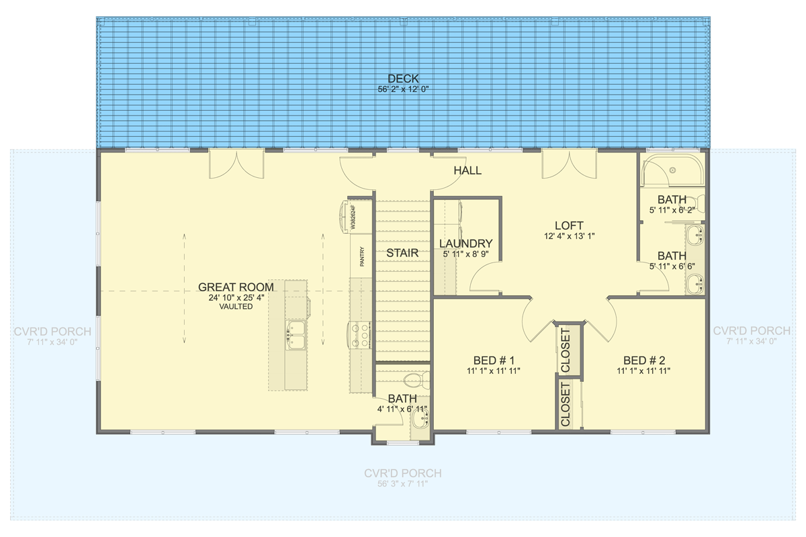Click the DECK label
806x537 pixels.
pos(403,79)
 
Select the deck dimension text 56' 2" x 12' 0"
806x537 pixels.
pos(403,89)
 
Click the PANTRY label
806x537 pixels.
pos(361,256)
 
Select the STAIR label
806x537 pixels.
pos(402,253)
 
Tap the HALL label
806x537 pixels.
pos(467,170)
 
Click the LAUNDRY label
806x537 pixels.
pos(465,244)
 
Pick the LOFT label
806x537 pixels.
pos(568,226)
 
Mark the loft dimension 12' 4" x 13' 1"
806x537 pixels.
pos(568,236)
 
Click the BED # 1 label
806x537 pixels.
pos(494,359)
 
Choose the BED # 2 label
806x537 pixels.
pos(643,359)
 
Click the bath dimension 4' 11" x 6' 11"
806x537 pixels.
pos(402,408)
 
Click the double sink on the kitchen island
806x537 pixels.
pos(295,334)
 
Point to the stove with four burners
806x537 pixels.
pos(359,334)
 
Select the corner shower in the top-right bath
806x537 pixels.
pos(672,170)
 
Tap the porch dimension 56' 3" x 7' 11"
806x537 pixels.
pos(403,483)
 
